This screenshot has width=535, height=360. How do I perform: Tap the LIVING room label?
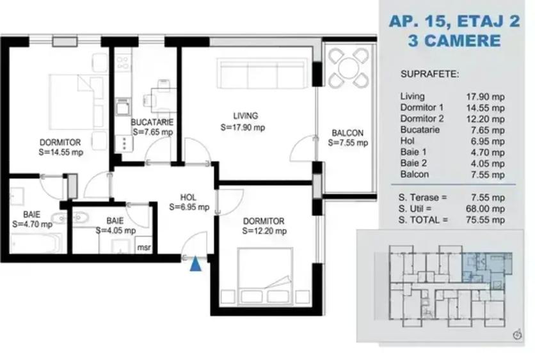tap(245, 116)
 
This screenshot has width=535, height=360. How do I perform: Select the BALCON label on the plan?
tap(347, 133)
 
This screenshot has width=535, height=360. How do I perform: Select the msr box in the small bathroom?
tap(144, 245)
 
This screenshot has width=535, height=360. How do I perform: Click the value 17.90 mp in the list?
tap(486, 96)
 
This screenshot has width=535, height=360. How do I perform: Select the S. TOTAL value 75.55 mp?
tap(486, 219)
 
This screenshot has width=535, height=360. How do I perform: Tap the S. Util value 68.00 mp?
tap(486, 208)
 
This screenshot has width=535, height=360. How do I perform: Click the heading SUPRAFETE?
tap(429, 74)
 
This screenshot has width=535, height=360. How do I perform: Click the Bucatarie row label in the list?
tap(421, 129)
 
